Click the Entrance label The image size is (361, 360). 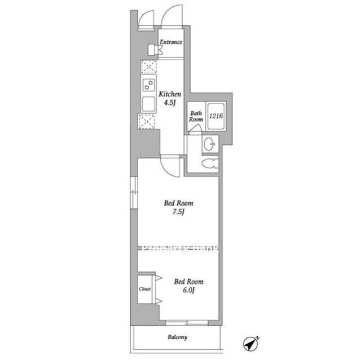click(171, 42)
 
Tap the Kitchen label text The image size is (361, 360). click(170, 94)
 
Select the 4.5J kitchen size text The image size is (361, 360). click(170, 103)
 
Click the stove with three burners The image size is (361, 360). click(148, 85)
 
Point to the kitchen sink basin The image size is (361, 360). click(148, 104)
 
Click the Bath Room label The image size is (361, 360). click(196, 116)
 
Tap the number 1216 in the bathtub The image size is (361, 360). click(216, 116)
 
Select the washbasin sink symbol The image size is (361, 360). click(209, 144)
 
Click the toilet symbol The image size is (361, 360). click(210, 164)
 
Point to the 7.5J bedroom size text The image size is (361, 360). click(178, 212)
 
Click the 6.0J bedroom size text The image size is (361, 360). click(189, 290)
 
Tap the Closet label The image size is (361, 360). click(145, 289)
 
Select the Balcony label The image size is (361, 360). click(178, 337)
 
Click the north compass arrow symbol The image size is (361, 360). click(250, 343)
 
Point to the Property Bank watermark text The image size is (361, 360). click(181, 248)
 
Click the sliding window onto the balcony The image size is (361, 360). click(187, 323)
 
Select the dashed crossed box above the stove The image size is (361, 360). click(149, 67)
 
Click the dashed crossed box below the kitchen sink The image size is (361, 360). click(147, 121)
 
